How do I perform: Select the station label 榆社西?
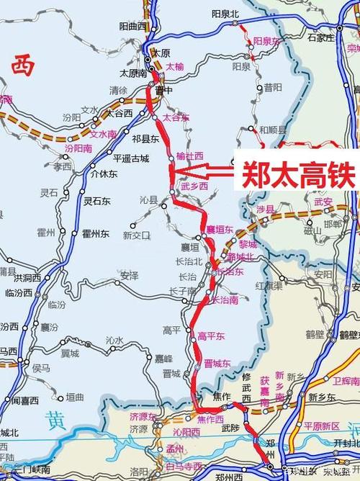[x=190, y=156]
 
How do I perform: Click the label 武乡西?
[x=194, y=186]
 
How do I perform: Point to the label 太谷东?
[x=176, y=117]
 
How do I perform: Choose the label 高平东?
[x=212, y=336]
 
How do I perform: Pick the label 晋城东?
[x=217, y=364]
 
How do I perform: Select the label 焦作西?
[x=210, y=419]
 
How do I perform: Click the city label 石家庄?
[x=322, y=37]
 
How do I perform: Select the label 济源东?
[x=144, y=415]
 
